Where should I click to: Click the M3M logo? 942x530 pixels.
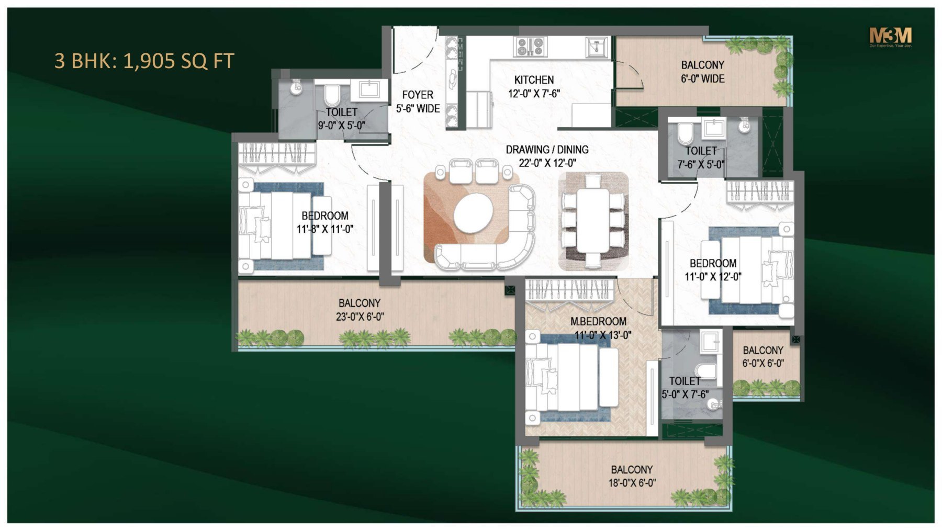click(890, 36)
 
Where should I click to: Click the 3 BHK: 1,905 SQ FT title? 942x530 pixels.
click(144, 61)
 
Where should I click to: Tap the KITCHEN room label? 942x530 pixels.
click(534, 80)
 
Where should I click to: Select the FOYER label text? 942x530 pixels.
click(418, 95)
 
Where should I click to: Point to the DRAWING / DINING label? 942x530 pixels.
click(547, 150)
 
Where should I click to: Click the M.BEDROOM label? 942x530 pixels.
click(598, 321)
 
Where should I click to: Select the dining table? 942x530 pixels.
click(593, 221)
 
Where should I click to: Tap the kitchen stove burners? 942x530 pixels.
click(530, 47)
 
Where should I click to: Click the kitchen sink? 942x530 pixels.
click(596, 47)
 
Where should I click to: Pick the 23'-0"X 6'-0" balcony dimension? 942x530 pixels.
click(360, 317)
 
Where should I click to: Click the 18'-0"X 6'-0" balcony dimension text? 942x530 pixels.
click(632, 483)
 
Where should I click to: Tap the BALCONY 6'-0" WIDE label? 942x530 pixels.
click(702, 72)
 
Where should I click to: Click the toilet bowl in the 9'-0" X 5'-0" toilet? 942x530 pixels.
click(332, 96)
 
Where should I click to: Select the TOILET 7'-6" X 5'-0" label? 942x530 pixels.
click(701, 157)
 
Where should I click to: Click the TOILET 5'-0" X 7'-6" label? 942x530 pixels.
click(685, 388)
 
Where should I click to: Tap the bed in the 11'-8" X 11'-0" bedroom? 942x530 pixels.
click(283, 225)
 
